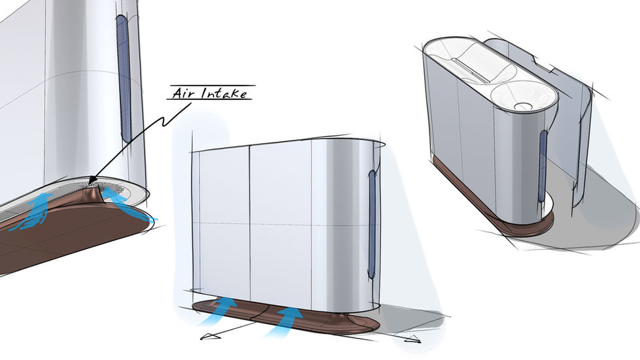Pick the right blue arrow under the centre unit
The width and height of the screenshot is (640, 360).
click(288, 318)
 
